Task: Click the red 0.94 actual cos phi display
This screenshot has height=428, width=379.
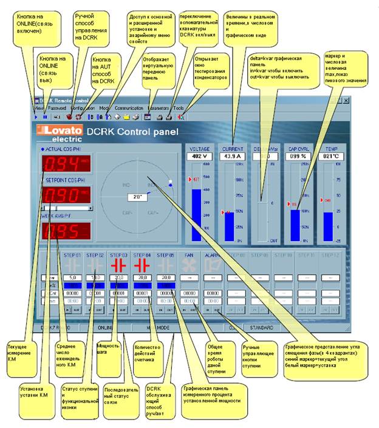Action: (63, 165)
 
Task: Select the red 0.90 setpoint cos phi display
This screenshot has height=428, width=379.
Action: (63, 195)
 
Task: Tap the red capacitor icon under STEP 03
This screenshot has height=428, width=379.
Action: (119, 265)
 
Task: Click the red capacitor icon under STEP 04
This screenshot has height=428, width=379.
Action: (142, 265)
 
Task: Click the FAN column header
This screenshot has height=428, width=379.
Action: (189, 255)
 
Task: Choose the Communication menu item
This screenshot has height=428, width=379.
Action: (128, 107)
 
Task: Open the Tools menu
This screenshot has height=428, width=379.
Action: (179, 107)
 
